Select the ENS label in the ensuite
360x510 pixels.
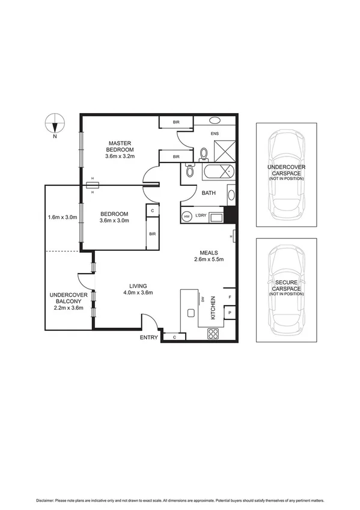215,134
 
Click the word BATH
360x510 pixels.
209,193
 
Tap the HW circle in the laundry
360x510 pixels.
187,216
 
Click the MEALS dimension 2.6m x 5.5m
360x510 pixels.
209,260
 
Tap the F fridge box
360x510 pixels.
229,298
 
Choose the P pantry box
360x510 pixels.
229,314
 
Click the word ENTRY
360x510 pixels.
148,337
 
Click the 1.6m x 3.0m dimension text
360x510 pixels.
63,218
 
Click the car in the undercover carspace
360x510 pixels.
285,174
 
